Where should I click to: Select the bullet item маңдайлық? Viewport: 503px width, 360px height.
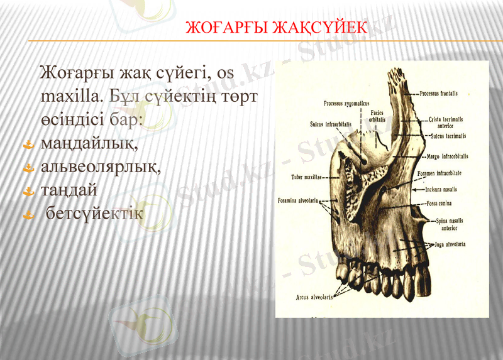coord(89,144)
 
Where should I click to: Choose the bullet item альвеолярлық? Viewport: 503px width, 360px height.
coord(101,167)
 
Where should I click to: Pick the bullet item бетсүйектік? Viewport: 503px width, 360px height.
coord(95,214)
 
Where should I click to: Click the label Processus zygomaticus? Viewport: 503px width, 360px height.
coord(346,103)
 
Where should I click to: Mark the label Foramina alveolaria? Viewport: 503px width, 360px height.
coord(297,201)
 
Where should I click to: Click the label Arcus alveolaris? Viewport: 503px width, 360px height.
coord(314,297)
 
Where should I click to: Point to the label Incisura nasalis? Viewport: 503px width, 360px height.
coord(441,189)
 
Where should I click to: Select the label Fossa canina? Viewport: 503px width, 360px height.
coord(440,204)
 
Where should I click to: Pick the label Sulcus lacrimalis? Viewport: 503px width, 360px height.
coord(448,136)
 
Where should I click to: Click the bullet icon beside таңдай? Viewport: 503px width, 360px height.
coord(28,190)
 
